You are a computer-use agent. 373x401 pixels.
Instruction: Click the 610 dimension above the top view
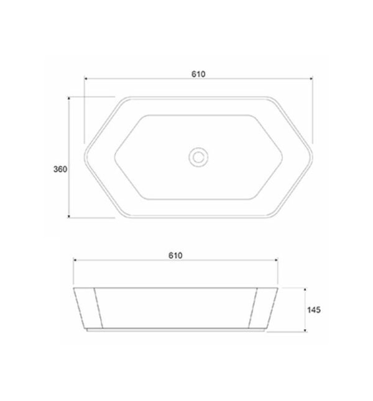pyautogui.click(x=198, y=74)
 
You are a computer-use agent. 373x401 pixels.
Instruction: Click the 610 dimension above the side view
pyautogui.click(x=175, y=256)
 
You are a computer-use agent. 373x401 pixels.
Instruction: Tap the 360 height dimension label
pyautogui.click(x=60, y=169)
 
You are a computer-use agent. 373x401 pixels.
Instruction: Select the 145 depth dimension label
pyautogui.click(x=314, y=310)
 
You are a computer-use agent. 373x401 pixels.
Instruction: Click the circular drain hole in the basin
pyautogui.click(x=198, y=157)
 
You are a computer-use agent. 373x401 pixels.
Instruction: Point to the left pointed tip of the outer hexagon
pyautogui.click(x=85, y=157)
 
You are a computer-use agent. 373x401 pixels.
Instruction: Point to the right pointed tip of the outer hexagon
pyautogui.click(x=313, y=157)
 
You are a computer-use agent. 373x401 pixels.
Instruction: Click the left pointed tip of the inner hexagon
pyautogui.click(x=114, y=157)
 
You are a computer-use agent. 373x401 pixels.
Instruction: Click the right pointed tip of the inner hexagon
pyautogui.click(x=283, y=157)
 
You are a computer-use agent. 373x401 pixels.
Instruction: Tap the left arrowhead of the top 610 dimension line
pyautogui.click(x=85, y=78)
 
